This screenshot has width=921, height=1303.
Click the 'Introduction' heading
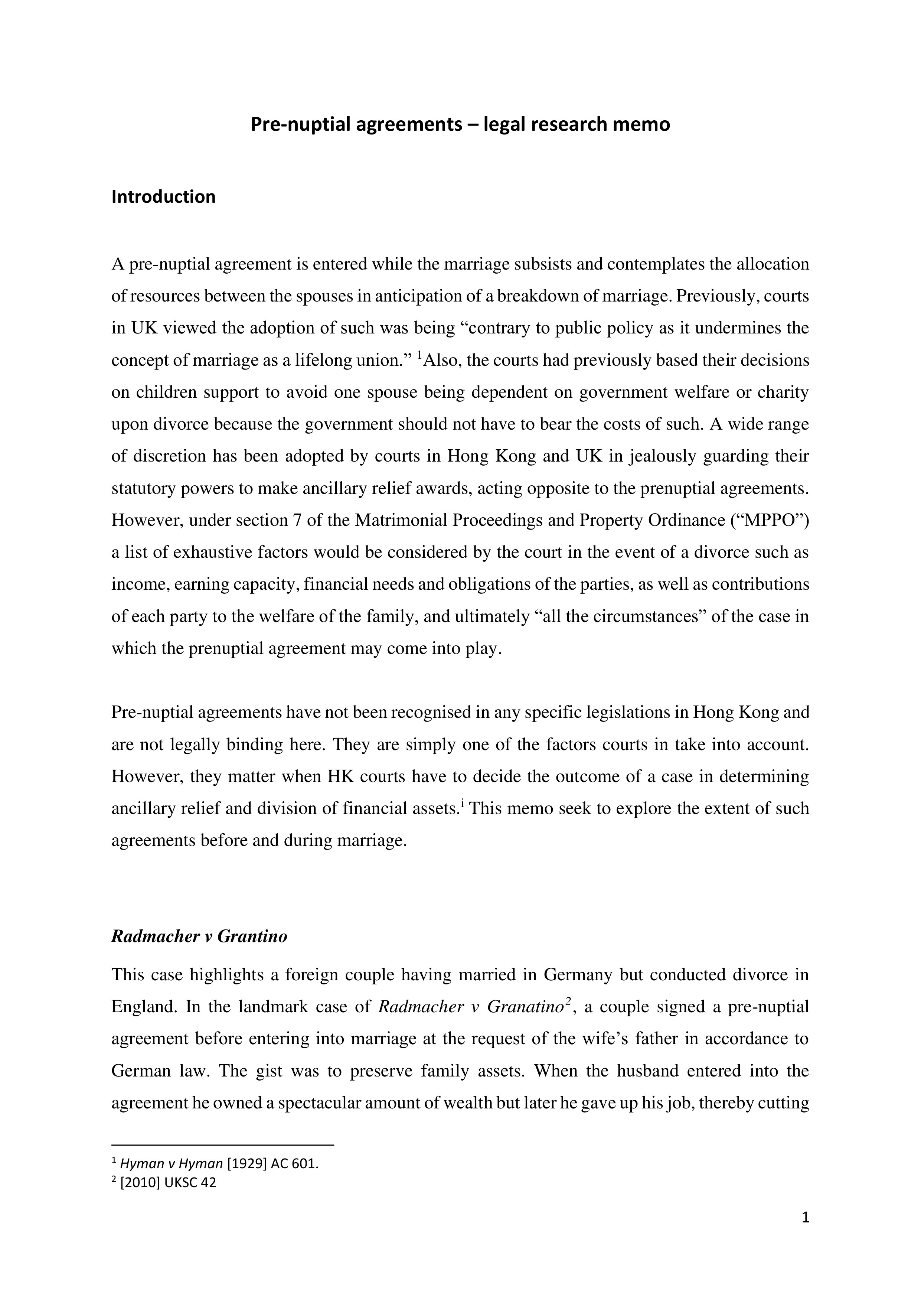[x=163, y=197]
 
